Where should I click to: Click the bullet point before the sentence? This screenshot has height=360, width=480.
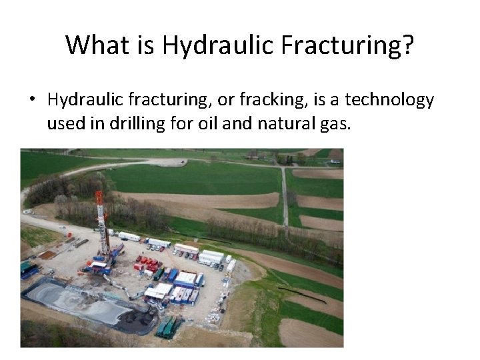(31, 101)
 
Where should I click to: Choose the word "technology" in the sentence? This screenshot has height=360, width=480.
(395, 100)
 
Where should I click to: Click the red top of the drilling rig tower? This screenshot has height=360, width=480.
(99, 197)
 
